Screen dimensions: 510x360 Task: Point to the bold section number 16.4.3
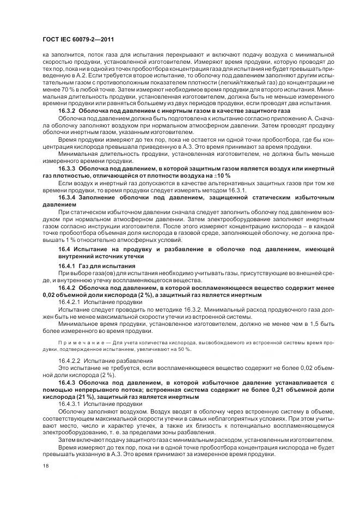tap(68, 382)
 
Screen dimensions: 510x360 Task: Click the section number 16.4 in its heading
tap(64, 248)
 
